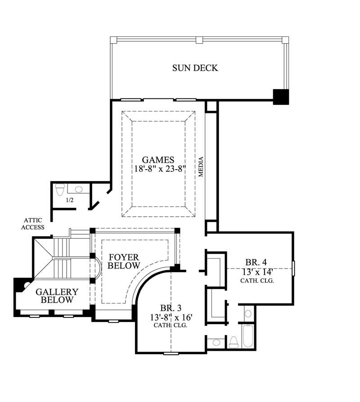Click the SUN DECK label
195,68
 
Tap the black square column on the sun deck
280,96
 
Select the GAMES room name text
158,160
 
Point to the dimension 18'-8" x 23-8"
158,169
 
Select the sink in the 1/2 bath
78,189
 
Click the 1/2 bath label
70,200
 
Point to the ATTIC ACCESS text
35,223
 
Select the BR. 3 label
171,308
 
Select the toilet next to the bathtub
234,342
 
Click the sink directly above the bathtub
248,313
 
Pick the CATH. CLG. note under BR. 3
171,325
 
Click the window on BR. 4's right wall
293,268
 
